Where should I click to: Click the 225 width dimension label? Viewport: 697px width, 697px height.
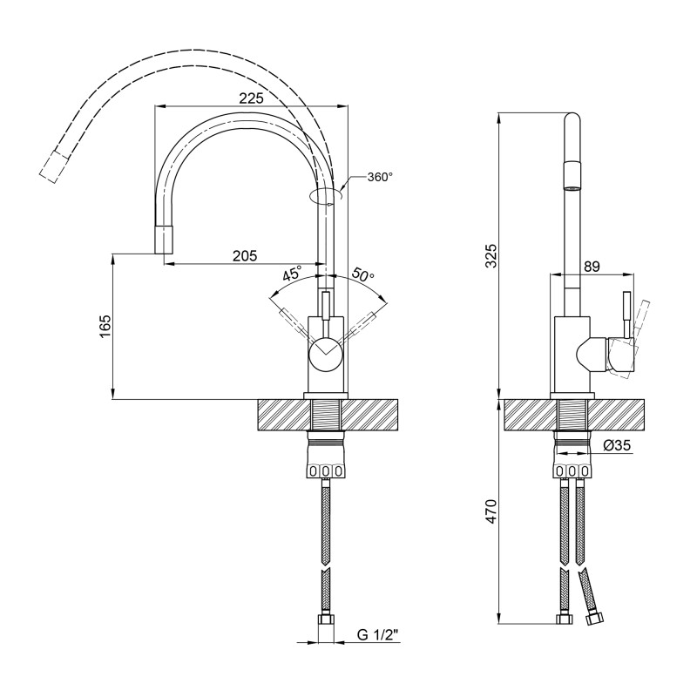click(x=250, y=99)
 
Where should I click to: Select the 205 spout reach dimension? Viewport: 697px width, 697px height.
click(x=245, y=255)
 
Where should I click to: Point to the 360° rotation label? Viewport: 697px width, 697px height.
click(x=380, y=177)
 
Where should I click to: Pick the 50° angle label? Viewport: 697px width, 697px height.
click(x=363, y=274)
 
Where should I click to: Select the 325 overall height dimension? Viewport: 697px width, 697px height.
click(x=491, y=255)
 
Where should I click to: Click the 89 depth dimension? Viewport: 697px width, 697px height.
click(x=592, y=267)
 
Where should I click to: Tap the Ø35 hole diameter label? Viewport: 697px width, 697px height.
click(x=618, y=445)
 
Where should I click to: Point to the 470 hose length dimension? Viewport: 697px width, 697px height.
click(x=491, y=512)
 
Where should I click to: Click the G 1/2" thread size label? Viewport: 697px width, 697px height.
click(x=377, y=636)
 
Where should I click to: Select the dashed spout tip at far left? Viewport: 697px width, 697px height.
click(x=53, y=166)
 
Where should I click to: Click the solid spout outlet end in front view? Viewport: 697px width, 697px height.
click(x=165, y=238)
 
